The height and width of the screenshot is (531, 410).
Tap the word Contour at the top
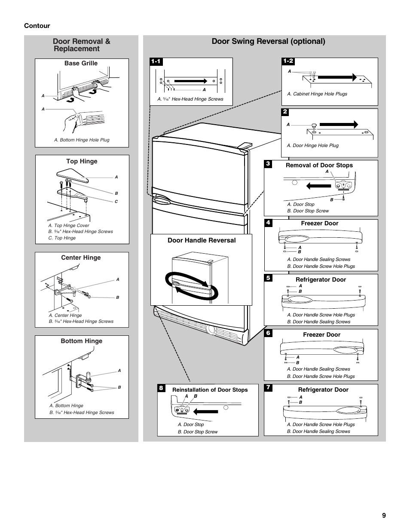coord(37,26)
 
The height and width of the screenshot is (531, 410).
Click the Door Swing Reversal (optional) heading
coord(268,41)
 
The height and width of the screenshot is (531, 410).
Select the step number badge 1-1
coord(156,61)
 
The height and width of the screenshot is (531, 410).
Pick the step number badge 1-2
coord(288,61)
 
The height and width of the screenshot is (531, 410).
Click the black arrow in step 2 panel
coord(339,124)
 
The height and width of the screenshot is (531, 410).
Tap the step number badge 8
coord(161,388)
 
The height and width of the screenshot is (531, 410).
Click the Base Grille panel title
coord(81,63)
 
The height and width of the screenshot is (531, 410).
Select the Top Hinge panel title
coord(82,161)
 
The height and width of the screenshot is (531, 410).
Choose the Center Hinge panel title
coord(81,258)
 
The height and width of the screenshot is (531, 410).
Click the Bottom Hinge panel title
coord(81,341)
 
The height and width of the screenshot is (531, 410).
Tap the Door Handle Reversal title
coord(202,240)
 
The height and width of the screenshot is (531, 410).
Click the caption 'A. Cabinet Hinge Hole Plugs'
coord(317,94)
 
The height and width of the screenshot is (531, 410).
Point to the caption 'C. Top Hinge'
coord(62,238)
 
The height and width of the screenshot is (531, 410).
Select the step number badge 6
coord(268,333)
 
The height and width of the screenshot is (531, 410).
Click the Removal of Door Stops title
coord(319,165)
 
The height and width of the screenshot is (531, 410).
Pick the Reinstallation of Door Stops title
coord(210,390)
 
